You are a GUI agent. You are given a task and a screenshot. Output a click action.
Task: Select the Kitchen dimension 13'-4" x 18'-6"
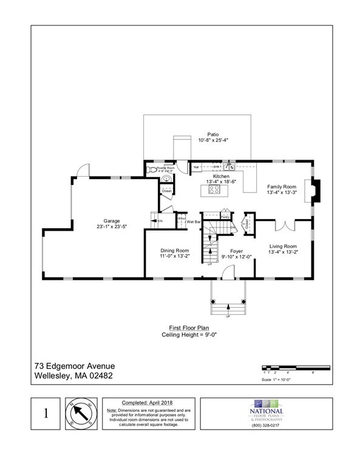tap(217, 181)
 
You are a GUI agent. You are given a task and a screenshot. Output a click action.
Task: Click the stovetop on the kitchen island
tap(214, 189)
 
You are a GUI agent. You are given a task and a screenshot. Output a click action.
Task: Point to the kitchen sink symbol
tap(227, 166)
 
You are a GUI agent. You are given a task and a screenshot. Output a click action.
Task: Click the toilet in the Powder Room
tap(149, 171)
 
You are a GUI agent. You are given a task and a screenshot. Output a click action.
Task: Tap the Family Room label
tap(281, 186)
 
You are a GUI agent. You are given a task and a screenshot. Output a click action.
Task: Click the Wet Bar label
tap(194, 222)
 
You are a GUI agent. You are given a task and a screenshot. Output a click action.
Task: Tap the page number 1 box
tap(45, 414)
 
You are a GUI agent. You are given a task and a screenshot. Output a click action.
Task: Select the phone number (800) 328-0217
tap(267, 424)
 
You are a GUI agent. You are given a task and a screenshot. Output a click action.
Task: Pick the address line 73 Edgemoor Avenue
tap(74, 366)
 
